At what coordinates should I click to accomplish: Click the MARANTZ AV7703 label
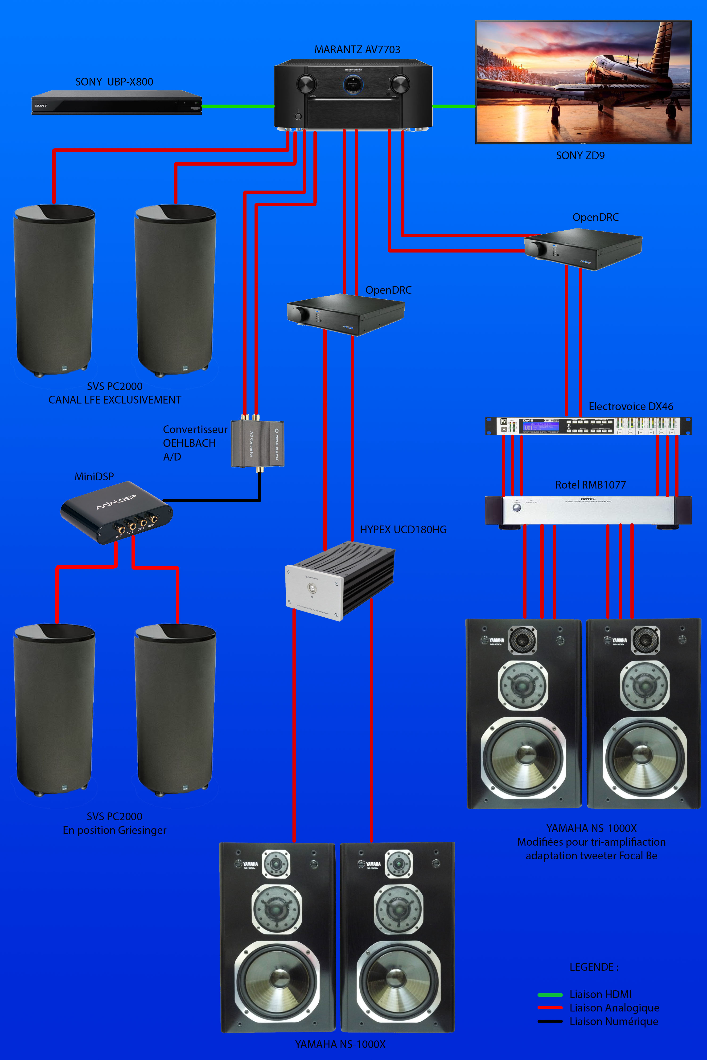point(357,49)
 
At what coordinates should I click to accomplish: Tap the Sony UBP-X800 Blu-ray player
point(116,103)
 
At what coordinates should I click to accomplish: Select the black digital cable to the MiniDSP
point(212,500)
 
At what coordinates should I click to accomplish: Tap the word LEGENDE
point(593,967)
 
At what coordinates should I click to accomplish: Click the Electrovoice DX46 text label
point(631,407)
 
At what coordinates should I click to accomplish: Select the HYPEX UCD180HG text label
point(403,530)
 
